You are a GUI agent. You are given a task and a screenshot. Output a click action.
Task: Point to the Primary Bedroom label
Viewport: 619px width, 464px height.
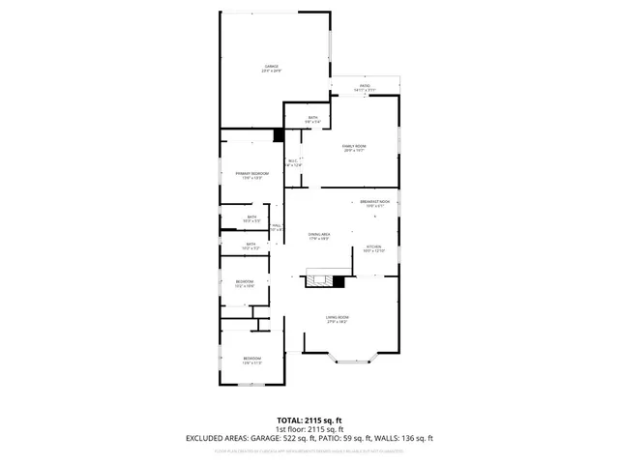pyautogui.click(x=251, y=175)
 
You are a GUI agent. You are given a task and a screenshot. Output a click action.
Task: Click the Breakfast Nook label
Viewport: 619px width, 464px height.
pyautogui.click(x=374, y=203)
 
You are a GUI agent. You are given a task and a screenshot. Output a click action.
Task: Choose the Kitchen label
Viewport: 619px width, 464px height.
pyautogui.click(x=374, y=248)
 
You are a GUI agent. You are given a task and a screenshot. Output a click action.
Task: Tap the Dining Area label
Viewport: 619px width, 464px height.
pyautogui.click(x=319, y=237)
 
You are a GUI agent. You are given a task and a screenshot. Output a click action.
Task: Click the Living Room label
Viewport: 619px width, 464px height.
pyautogui.click(x=337, y=319)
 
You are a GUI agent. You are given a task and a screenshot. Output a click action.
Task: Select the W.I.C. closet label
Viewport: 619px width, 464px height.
pyautogui.click(x=293, y=163)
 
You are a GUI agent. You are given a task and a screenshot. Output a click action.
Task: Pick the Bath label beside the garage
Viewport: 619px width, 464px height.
pyautogui.click(x=312, y=119)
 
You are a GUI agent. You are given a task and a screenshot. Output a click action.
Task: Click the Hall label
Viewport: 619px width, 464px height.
pyautogui.click(x=277, y=227)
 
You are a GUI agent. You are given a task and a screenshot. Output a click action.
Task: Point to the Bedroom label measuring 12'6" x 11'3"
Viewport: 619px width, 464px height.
pyautogui.click(x=251, y=361)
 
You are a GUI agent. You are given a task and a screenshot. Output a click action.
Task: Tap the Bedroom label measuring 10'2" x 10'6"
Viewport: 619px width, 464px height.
pyautogui.click(x=245, y=283)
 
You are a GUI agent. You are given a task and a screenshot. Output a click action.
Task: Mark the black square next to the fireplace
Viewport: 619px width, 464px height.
pyautogui.click(x=339, y=281)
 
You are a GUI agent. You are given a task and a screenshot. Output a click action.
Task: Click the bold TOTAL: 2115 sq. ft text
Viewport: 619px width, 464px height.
pyautogui.click(x=309, y=420)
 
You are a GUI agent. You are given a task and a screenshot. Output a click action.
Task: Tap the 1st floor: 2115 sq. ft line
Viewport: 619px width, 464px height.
pyautogui.click(x=309, y=429)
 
